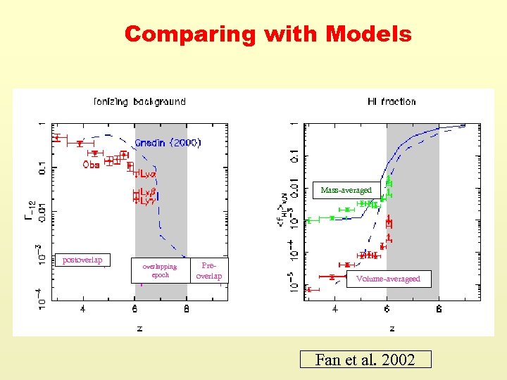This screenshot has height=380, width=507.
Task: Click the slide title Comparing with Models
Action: (268, 34)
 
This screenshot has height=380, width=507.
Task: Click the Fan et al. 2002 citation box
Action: (364, 360)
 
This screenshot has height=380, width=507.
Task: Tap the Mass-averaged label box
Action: (346, 190)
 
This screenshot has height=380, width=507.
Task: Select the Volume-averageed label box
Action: (388, 279)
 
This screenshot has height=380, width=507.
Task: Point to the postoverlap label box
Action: (82, 260)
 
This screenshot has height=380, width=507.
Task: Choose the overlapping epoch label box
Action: (161, 271)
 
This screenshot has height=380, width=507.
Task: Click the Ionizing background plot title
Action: (139, 101)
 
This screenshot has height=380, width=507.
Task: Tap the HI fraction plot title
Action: (392, 101)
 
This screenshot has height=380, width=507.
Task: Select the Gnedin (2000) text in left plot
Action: (168, 142)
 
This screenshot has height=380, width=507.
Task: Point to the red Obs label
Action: (91, 165)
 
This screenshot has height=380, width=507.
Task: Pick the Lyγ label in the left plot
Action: (146, 201)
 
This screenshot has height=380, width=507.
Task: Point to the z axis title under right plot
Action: (392, 328)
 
